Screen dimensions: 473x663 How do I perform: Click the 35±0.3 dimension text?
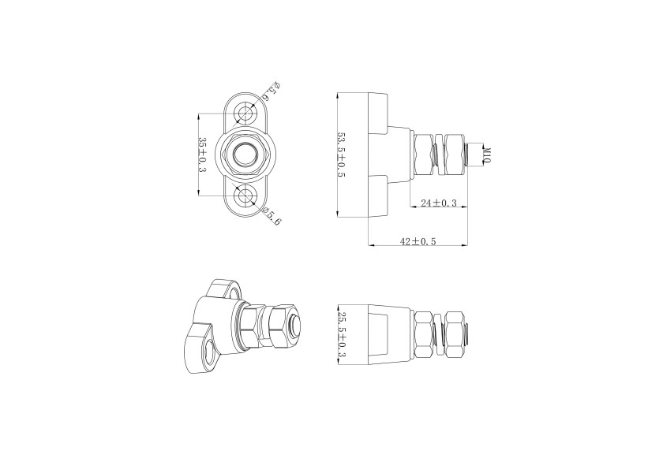click(x=203, y=155)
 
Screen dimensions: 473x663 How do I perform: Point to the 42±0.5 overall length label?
click(x=418, y=241)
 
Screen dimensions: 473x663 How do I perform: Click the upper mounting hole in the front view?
click(x=247, y=113)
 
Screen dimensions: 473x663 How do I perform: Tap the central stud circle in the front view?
click(x=247, y=154)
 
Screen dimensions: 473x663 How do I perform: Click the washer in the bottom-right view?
click(x=440, y=334)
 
